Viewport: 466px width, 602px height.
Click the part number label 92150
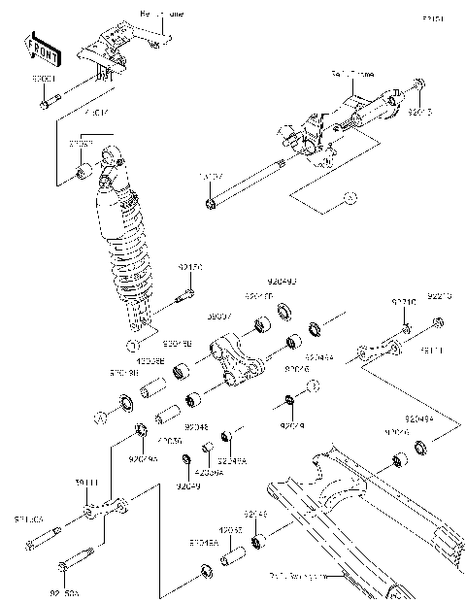coord(189,265)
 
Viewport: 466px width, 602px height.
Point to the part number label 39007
coord(218,317)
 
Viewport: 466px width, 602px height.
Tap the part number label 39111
coord(88,483)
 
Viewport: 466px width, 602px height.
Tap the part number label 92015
coord(419,113)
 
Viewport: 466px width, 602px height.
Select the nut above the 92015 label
coord(416,86)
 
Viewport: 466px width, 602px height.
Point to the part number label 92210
coord(404,303)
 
